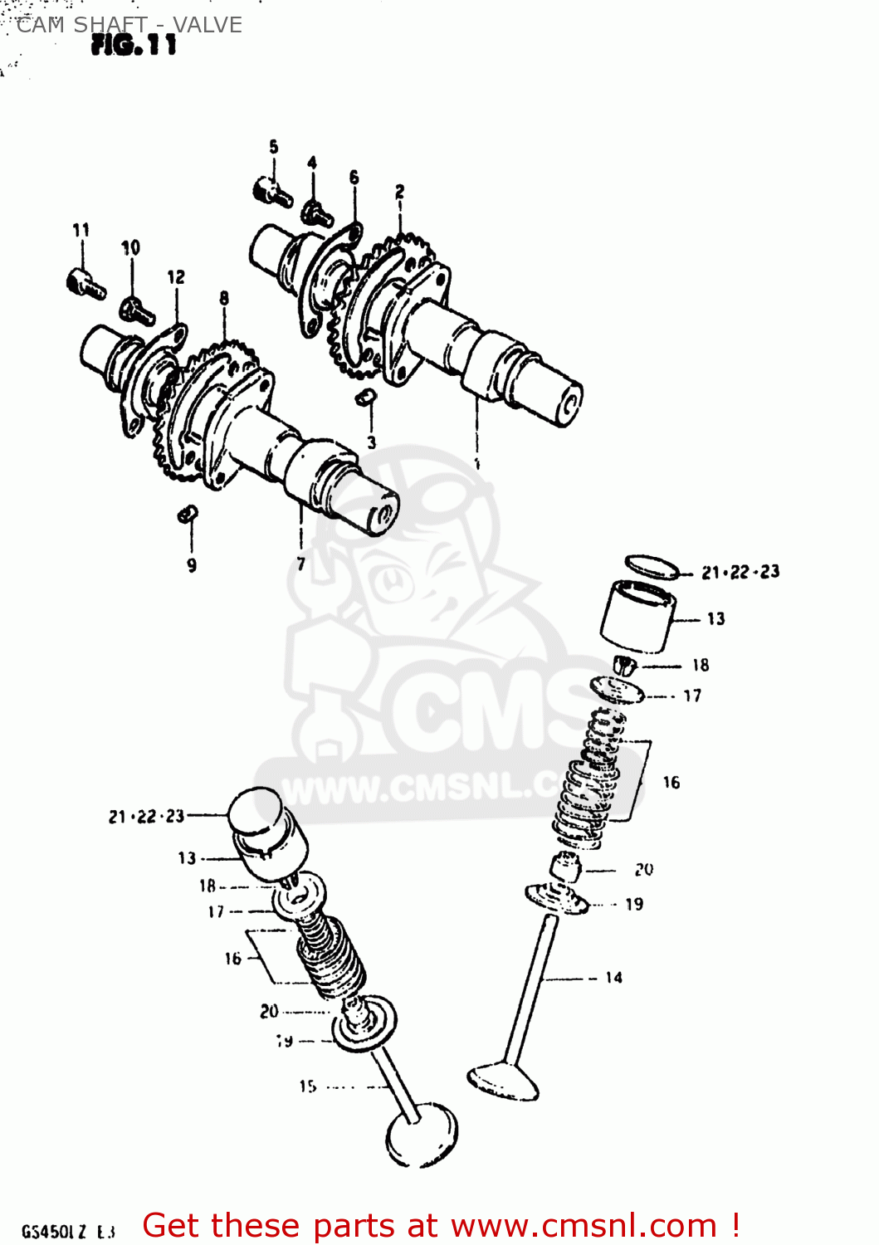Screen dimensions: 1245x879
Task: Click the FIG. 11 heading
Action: (134, 45)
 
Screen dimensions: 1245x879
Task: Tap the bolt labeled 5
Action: (271, 192)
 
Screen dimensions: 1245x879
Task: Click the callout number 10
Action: (130, 247)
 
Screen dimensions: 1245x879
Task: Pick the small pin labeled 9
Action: (188, 515)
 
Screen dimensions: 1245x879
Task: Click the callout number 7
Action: (300, 564)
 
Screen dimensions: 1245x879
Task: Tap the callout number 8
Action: (224, 298)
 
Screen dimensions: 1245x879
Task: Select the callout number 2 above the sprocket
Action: (399, 192)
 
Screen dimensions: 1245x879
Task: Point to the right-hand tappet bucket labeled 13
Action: (637, 617)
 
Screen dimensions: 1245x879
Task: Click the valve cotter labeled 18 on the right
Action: (625, 665)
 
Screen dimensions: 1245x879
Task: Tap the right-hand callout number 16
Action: (671, 782)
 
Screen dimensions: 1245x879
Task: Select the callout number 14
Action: (613, 978)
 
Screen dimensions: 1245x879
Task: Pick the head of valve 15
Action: (422, 1135)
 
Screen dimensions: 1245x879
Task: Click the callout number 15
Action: (308, 1086)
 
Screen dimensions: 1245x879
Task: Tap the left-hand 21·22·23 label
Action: (146, 817)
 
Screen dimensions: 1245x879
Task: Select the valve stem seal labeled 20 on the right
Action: (566, 868)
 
